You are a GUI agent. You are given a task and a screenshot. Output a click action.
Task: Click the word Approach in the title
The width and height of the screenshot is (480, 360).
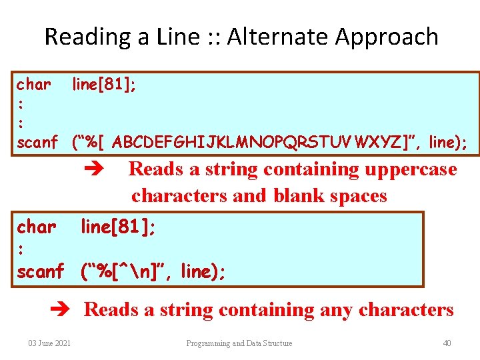pos(387,37)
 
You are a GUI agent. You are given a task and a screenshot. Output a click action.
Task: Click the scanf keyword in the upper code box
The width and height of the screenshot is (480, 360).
pos(37,142)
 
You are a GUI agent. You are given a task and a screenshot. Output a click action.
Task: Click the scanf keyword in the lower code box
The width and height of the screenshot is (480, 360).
pos(40,271)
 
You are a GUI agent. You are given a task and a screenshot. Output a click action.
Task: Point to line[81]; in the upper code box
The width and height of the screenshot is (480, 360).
pos(105,85)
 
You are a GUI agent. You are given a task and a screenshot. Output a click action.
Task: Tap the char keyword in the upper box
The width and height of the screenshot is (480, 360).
pos(33,85)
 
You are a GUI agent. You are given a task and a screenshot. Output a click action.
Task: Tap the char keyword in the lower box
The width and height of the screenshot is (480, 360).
pos(36,227)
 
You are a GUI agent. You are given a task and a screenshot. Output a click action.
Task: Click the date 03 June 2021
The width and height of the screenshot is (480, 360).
pos(50,343)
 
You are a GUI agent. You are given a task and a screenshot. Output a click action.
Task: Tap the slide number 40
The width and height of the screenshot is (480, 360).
pos(447,343)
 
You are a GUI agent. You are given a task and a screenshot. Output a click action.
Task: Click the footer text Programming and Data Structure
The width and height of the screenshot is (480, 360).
pos(239,343)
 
